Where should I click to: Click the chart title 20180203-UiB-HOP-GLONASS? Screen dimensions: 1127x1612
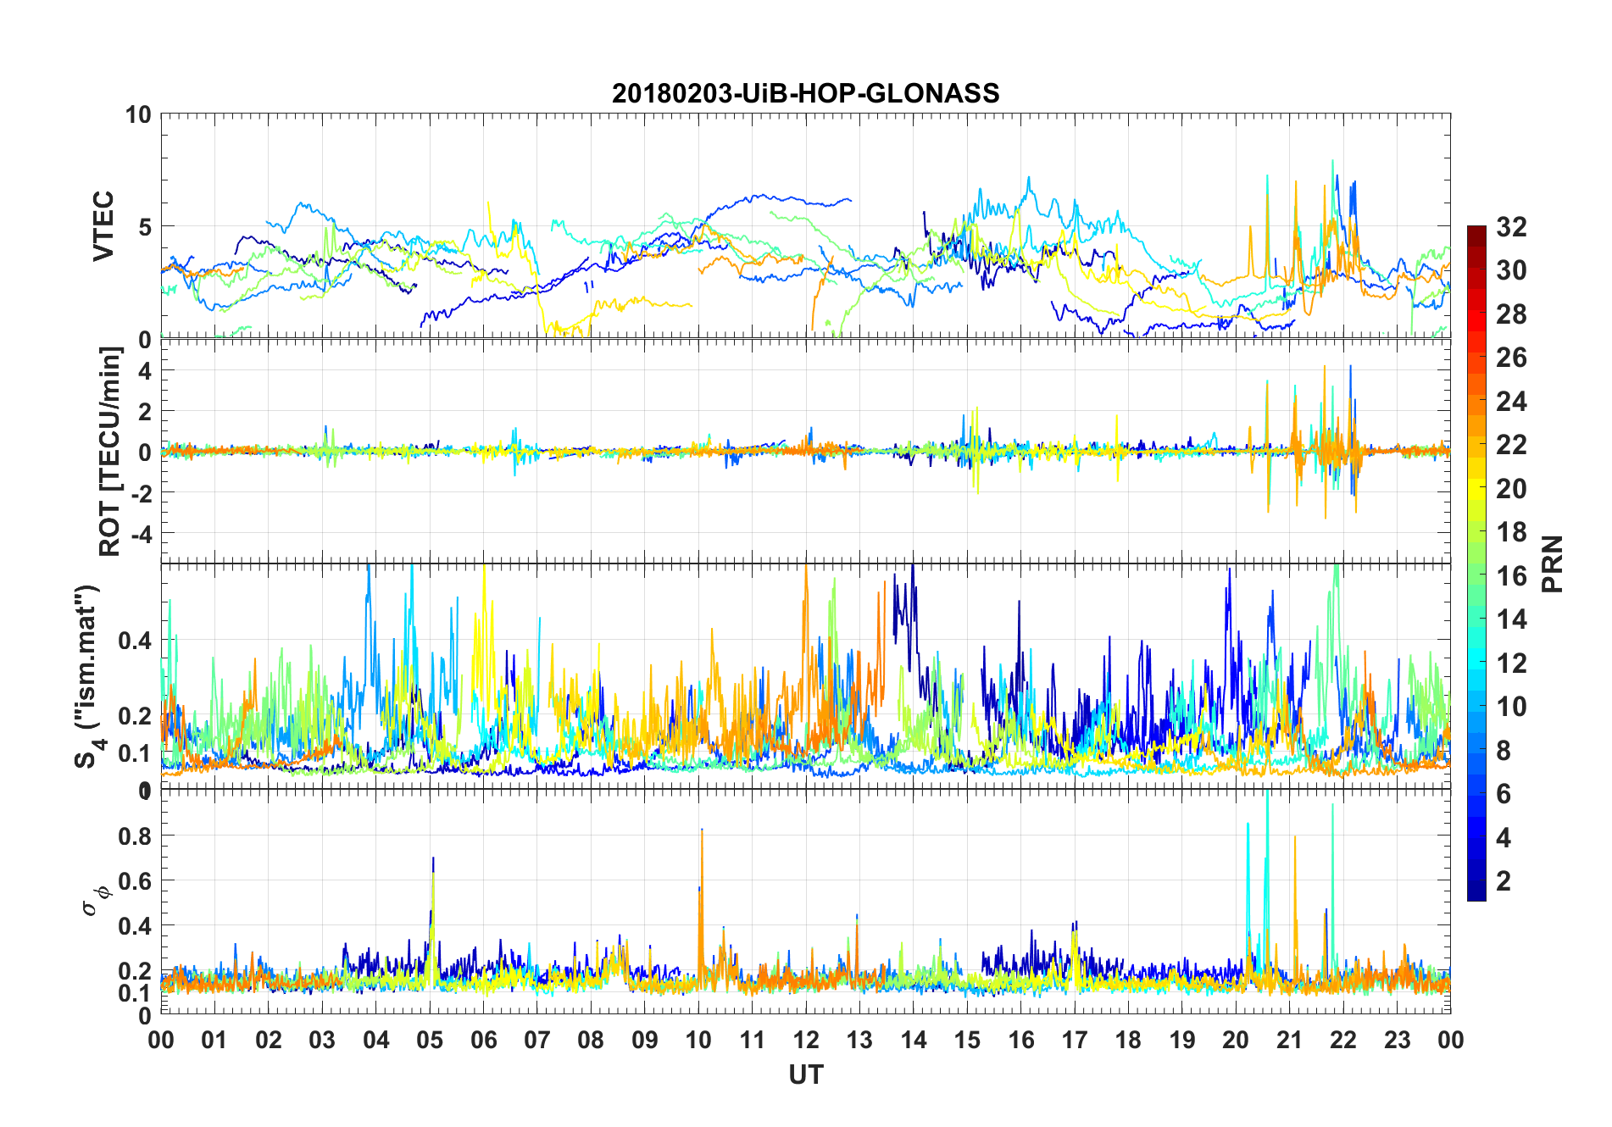click(x=805, y=93)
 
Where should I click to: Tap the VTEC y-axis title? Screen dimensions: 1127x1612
click(x=103, y=226)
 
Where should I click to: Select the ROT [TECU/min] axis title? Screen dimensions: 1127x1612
click(x=110, y=451)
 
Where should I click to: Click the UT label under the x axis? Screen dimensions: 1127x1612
click(x=805, y=1074)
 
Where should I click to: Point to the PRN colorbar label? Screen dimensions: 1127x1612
click(x=1553, y=563)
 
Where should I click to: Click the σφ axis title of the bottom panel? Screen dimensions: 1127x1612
click(x=96, y=898)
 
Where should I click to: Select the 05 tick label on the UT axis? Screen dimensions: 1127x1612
click(x=430, y=1040)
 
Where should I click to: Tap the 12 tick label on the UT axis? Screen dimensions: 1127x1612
click(x=806, y=1040)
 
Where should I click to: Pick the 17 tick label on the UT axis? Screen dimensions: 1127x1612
click(x=1075, y=1040)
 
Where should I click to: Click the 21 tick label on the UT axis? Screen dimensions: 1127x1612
click(x=1289, y=1040)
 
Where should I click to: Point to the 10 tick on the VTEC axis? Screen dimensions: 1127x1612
click(x=138, y=114)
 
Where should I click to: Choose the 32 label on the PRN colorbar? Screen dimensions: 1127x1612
click(x=1511, y=227)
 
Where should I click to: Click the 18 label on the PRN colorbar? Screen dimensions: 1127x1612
click(x=1511, y=532)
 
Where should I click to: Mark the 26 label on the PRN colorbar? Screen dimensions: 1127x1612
click(x=1511, y=358)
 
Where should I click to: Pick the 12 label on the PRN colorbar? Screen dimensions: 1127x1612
click(x=1511, y=663)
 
